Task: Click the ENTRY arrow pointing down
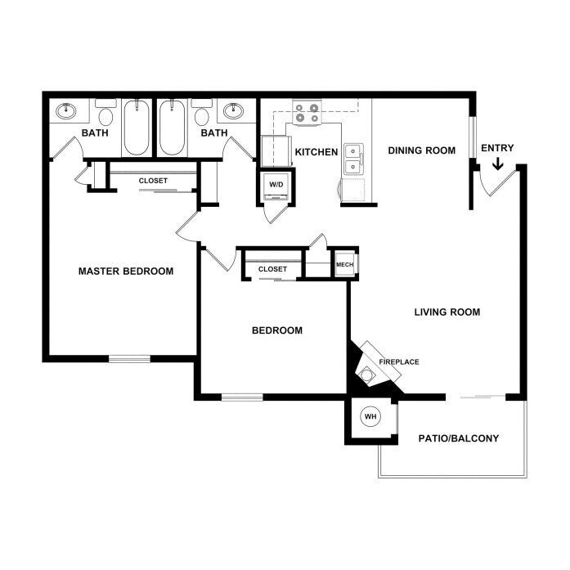[498, 164]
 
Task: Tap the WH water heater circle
[370, 416]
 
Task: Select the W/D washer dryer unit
[276, 186]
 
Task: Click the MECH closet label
[344, 265]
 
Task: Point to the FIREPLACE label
[399, 362]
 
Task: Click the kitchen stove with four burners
[307, 112]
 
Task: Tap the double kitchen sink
[354, 159]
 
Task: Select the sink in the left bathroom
[65, 110]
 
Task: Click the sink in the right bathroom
[233, 110]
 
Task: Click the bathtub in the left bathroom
[137, 128]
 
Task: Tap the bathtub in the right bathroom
[172, 128]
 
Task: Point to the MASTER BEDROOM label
[126, 272]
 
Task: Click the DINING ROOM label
[422, 150]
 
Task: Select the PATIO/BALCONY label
[459, 438]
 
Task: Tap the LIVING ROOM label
[447, 312]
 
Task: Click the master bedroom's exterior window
[129, 359]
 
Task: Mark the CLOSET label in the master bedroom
[153, 181]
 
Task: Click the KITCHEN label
[316, 152]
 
